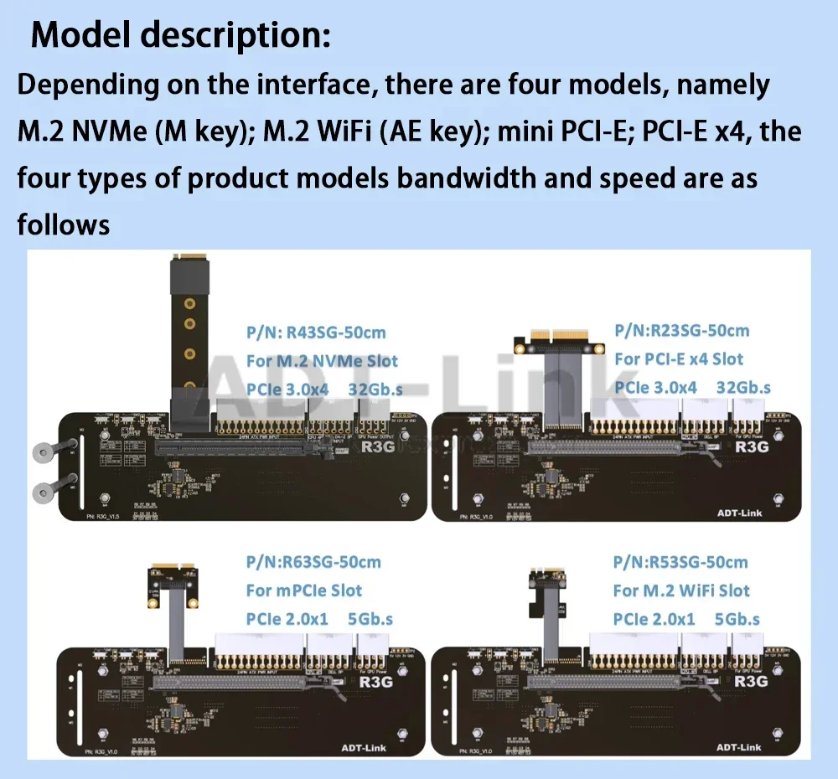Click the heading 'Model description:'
click(180, 36)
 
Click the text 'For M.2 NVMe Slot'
click(322, 361)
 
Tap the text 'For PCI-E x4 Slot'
click(679, 359)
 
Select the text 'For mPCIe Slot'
click(303, 591)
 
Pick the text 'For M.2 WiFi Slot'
click(681, 591)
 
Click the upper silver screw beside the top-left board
click(42, 453)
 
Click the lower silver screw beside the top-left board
click(42, 491)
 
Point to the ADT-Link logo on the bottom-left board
click(364, 747)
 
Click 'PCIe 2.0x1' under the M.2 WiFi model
click(654, 619)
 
